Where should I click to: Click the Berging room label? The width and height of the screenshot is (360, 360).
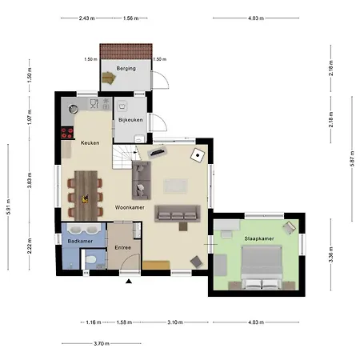click(126, 69)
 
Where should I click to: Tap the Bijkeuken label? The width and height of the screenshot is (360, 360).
click(130, 120)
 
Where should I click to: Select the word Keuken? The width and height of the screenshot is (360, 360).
click(90, 143)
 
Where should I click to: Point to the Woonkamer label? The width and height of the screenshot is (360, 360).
click(130, 207)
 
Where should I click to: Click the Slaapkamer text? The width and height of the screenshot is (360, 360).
click(259, 238)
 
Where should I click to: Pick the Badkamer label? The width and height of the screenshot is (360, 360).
click(80, 242)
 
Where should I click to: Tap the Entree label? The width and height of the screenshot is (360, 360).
click(122, 248)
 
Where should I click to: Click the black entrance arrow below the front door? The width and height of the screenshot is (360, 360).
click(129, 281)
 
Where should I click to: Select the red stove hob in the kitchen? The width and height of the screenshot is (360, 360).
click(67, 133)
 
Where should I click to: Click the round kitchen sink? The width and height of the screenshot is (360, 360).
click(74, 109)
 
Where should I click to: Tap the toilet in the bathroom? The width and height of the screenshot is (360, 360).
click(90, 259)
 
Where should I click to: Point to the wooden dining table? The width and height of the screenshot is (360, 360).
click(86, 195)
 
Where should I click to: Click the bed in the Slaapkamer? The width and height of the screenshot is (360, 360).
click(262, 267)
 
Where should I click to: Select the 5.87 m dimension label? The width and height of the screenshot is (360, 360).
click(352, 159)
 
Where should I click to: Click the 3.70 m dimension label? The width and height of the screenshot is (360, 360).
click(102, 343)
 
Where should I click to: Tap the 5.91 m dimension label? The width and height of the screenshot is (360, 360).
click(8, 207)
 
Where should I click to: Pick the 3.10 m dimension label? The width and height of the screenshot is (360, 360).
click(175, 322)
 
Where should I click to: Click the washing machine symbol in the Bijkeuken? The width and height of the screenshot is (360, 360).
click(122, 106)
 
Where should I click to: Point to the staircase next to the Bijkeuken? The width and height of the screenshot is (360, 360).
click(124, 157)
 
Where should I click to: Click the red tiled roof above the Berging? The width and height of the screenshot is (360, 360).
click(126, 51)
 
